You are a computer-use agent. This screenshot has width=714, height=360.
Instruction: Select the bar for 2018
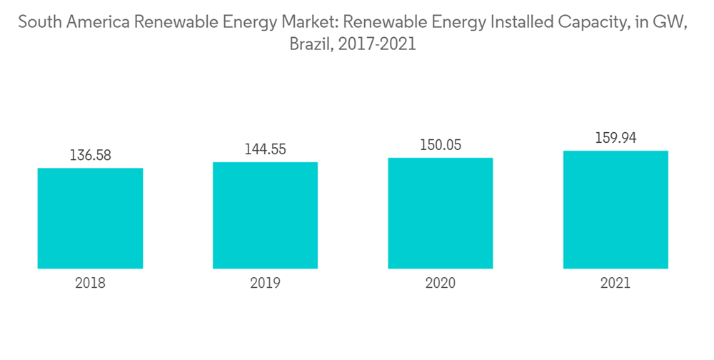point(90,219)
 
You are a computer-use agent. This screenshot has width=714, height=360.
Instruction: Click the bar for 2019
point(265,216)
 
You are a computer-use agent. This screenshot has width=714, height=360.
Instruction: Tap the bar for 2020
point(441,214)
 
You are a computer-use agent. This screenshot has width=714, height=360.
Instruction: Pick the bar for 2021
point(615,210)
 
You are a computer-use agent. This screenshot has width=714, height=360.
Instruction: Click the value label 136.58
point(90,155)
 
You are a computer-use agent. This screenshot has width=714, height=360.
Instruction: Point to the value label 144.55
point(265,149)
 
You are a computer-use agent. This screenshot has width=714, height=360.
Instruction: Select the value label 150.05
point(441,145)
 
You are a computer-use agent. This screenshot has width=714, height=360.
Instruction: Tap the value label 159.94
point(615,138)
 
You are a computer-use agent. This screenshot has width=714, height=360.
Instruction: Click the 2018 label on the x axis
point(90,284)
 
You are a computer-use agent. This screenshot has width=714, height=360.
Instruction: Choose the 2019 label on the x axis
point(265,284)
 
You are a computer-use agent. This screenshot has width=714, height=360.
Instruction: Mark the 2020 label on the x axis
point(441,284)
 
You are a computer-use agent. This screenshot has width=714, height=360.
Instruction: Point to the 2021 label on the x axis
point(615,284)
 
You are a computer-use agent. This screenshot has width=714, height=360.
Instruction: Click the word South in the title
point(40,22)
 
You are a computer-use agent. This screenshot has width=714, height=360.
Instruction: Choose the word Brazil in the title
point(310,44)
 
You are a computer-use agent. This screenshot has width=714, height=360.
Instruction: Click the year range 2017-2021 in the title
point(378,44)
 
